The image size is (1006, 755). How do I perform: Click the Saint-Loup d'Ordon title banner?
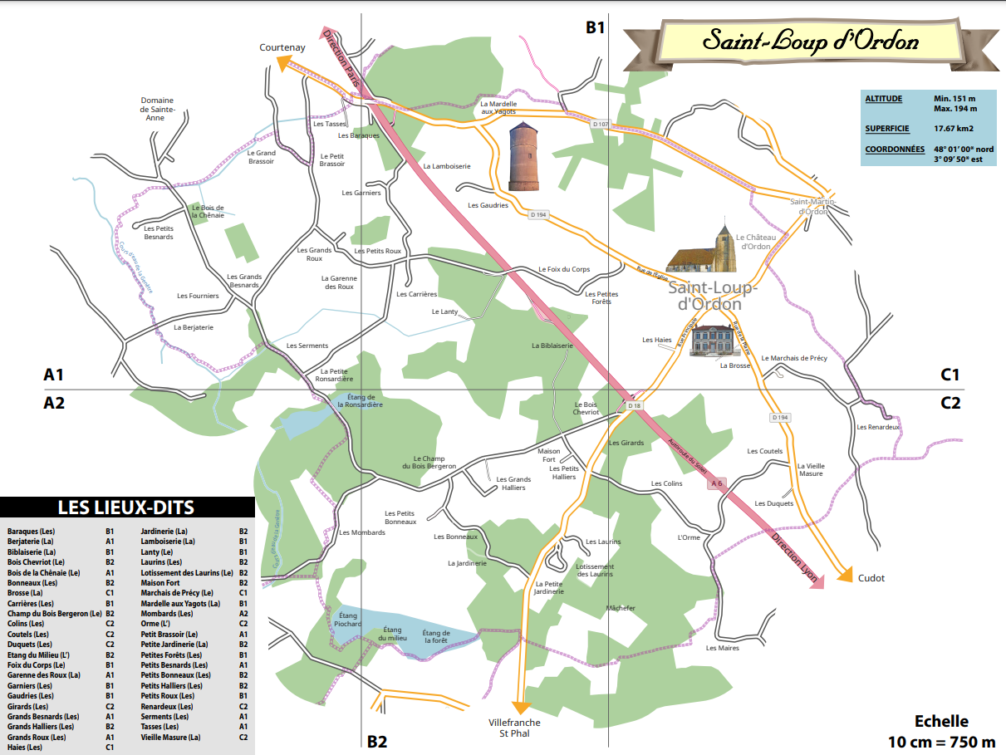coord(810,41)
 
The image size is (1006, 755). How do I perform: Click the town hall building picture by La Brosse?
coord(715,341)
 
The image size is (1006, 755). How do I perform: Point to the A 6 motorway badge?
coord(717,483)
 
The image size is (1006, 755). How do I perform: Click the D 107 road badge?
coord(601,124)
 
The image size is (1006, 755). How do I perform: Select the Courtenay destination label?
coord(282,47)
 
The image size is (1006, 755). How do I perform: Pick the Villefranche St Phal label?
coord(514,728)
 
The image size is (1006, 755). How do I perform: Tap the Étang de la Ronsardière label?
coord(361,401)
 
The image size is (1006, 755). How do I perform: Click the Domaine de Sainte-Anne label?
coord(157,109)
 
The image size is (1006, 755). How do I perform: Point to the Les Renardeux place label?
coord(878,427)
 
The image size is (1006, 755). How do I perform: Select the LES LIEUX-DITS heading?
coord(126,507)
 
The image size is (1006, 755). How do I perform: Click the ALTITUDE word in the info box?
coord(883,99)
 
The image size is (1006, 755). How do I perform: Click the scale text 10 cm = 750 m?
coord(941,741)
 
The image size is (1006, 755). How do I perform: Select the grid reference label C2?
coord(950,403)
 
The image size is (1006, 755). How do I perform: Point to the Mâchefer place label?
coord(621,608)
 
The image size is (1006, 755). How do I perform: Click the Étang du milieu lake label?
coord(393,634)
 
